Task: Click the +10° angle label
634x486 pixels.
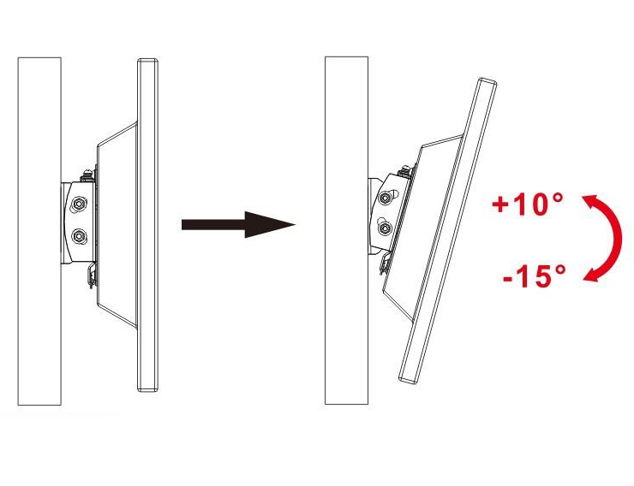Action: click(x=528, y=204)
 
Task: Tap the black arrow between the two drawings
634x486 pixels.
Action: click(x=238, y=224)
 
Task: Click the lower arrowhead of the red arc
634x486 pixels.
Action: click(x=592, y=274)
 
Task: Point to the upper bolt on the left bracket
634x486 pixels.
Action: click(x=78, y=204)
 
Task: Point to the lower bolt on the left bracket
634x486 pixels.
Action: click(x=78, y=236)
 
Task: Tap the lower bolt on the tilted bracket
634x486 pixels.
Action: click(x=386, y=228)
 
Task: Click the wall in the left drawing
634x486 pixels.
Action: click(x=39, y=231)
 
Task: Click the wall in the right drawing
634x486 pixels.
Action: click(x=346, y=230)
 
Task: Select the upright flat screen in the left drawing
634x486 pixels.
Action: click(x=147, y=225)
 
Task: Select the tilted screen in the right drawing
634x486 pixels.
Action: click(x=447, y=230)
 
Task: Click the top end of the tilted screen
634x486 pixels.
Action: click(x=487, y=82)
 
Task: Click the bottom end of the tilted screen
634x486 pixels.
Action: click(x=409, y=379)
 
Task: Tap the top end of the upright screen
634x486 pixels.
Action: click(x=147, y=61)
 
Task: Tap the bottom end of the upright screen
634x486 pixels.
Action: click(x=147, y=389)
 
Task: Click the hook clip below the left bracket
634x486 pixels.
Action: click(x=93, y=276)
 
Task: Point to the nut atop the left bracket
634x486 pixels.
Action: click(x=87, y=175)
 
